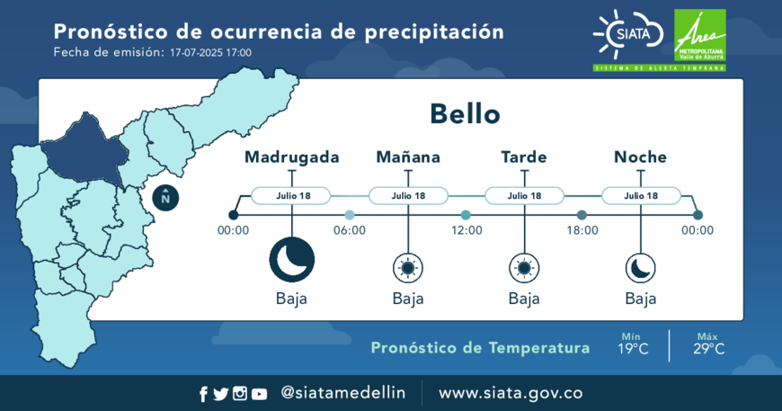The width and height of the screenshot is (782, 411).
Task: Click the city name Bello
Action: click(465, 113)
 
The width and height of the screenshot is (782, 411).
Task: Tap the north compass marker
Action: click(165, 198)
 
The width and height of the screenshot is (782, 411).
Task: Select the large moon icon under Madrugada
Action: click(292, 260)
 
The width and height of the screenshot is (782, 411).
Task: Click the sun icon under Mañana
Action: click(408, 268)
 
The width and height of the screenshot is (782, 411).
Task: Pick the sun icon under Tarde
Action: click(524, 268)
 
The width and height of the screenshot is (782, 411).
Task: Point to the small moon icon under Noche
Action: click(640, 268)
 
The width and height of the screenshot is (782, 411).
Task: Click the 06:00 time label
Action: click(350, 230)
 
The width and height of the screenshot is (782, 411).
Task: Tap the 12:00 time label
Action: click(467, 230)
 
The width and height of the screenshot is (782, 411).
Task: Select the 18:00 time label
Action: click(582, 230)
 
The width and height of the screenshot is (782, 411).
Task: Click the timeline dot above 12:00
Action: click(466, 215)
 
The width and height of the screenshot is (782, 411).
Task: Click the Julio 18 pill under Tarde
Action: click(524, 196)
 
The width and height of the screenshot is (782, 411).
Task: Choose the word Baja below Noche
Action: click(640, 299)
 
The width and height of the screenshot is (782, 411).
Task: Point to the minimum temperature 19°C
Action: click(633, 349)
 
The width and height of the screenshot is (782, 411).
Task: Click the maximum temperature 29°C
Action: click(708, 349)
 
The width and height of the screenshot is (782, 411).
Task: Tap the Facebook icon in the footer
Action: click(203, 394)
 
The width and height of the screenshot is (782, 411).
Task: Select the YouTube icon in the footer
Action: click(259, 394)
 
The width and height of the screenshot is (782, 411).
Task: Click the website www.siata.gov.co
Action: click(511, 393)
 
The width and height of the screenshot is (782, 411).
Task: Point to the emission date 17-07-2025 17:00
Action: click(210, 52)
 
